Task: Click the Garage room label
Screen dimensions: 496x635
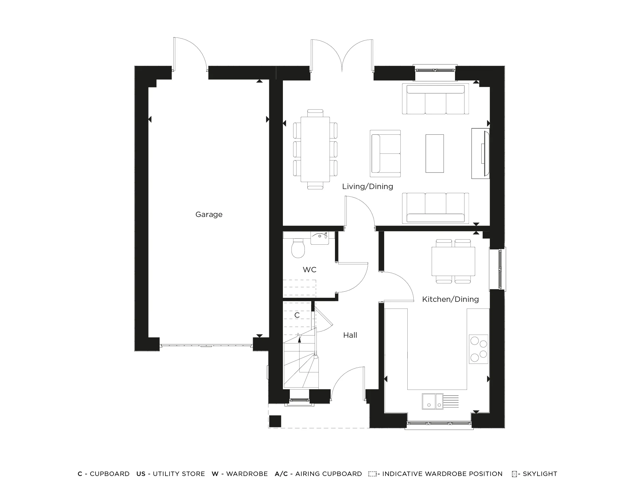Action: tap(209, 214)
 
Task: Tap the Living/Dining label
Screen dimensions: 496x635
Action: tap(367, 187)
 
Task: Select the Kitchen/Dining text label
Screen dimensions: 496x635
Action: tap(450, 299)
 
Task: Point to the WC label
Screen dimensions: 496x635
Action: tap(309, 270)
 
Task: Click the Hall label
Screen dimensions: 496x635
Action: tap(350, 335)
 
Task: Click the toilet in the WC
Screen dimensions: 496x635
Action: tap(298, 248)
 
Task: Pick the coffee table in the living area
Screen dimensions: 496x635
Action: tap(434, 153)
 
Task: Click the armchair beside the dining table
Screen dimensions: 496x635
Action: tap(385, 153)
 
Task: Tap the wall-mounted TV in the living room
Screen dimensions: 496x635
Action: tap(485, 153)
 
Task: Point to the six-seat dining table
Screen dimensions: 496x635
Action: tap(315, 149)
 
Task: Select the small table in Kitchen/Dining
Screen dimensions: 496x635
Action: tap(453, 261)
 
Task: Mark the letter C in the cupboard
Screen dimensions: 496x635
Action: tap(297, 315)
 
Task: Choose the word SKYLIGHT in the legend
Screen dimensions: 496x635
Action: tap(540, 474)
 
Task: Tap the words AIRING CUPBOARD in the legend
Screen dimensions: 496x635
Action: tap(328, 474)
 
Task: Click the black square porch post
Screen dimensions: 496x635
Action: tap(275, 421)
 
